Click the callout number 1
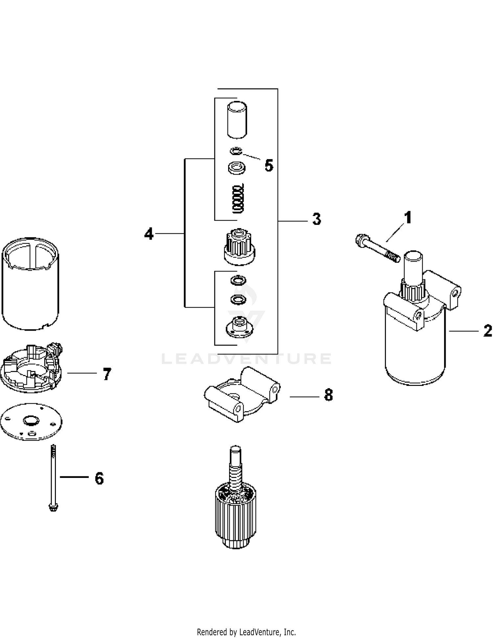coord(408,218)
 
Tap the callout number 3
coord(317,219)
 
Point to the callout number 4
coord(149,234)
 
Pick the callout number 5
coord(269,165)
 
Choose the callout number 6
coord(99,478)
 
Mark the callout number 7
coord(107,374)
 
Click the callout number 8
coord(328,395)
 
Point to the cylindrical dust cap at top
coord(237,120)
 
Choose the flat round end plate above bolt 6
coord(31,422)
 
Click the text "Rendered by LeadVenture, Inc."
coord(246,631)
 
